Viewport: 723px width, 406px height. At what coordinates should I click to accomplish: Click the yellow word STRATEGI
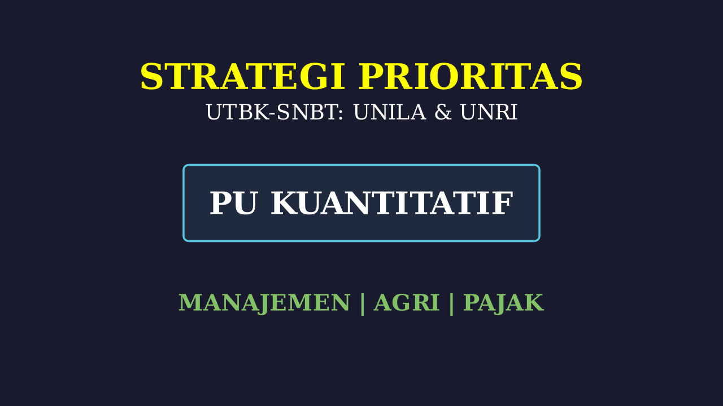coord(243,76)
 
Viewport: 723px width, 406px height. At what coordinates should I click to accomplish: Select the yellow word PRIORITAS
coord(471,76)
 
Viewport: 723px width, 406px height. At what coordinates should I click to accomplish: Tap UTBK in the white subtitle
coord(237,112)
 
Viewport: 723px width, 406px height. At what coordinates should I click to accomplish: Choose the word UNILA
coord(390,112)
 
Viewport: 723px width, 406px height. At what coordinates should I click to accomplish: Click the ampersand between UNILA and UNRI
coord(443,112)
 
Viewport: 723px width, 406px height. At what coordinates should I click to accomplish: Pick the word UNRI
coord(489,112)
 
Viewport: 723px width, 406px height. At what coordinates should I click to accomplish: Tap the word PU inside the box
coord(233,203)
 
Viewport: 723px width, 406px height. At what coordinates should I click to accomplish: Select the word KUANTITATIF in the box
coord(392,203)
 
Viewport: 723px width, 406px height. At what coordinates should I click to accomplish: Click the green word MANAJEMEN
coord(264,303)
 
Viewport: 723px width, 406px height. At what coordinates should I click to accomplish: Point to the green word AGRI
coord(407,303)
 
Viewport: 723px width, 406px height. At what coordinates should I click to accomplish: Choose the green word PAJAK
coord(503,303)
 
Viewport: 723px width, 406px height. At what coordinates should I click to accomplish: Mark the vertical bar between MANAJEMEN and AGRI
coord(362,304)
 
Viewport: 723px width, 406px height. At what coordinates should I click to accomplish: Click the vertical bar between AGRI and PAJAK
coord(451,304)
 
